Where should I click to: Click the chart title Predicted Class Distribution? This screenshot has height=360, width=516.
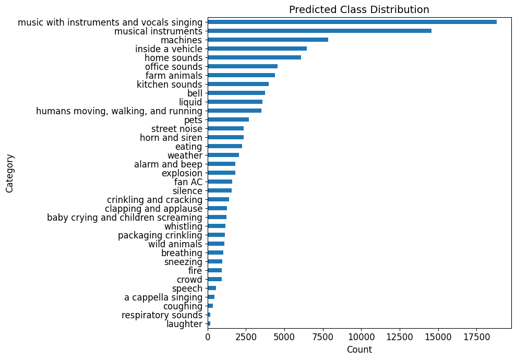pyautogui.click(x=359, y=9)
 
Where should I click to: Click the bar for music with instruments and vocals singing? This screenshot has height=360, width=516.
pyautogui.click(x=352, y=22)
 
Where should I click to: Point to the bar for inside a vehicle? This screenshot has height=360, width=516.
pyautogui.click(x=257, y=49)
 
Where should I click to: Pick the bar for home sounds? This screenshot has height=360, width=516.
pyautogui.click(x=254, y=57)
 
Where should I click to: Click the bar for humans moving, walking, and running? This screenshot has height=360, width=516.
pyautogui.click(x=234, y=111)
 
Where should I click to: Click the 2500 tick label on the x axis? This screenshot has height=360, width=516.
pyautogui.click(x=246, y=338)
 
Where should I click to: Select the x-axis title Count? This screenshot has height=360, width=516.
pyautogui.click(x=359, y=350)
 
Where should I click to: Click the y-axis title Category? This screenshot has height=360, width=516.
pyautogui.click(x=9, y=173)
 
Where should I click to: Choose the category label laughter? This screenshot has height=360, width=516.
pyautogui.click(x=184, y=324)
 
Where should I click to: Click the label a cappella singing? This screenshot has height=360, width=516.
pyautogui.click(x=163, y=297)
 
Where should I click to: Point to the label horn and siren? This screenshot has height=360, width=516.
pyautogui.click(x=171, y=137)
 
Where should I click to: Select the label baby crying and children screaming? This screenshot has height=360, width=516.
pyautogui.click(x=124, y=217)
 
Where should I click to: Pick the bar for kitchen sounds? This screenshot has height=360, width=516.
pyautogui.click(x=238, y=84)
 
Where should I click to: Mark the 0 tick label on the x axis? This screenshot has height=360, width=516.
pyautogui.click(x=208, y=338)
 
